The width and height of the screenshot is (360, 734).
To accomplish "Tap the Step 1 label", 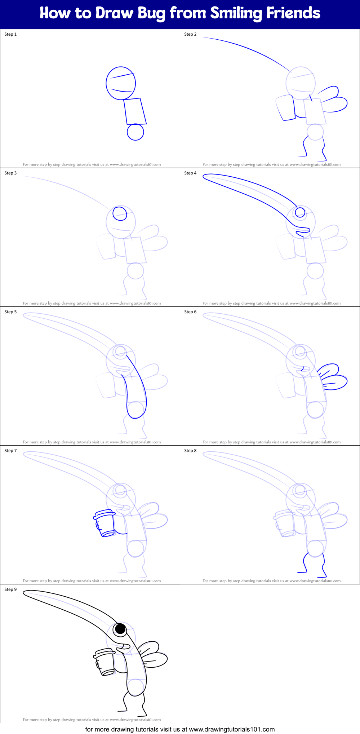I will pyautogui.click(x=10, y=34).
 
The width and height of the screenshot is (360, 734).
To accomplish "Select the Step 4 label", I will pyautogui.click(x=190, y=173).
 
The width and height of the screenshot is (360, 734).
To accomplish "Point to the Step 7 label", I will pyautogui.click(x=10, y=451).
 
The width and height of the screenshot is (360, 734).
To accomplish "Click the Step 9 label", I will pyautogui.click(x=10, y=589).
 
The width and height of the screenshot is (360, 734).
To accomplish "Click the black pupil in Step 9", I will pyautogui.click(x=120, y=629).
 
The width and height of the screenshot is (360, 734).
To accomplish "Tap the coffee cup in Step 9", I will pyautogui.click(x=105, y=662).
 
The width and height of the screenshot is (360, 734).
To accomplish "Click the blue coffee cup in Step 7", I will pyautogui.click(x=105, y=523).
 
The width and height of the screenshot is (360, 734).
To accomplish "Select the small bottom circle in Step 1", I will pyautogui.click(x=135, y=132).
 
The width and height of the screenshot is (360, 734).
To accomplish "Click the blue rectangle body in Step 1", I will pyautogui.click(x=135, y=111).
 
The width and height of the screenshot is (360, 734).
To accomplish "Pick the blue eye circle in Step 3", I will pyautogui.click(x=120, y=213).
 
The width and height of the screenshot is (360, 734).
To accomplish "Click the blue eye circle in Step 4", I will pyautogui.click(x=300, y=213).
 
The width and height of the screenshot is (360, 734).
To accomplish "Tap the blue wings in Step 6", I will pyautogui.click(x=333, y=378).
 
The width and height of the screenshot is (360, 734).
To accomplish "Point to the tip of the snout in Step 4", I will pyautogui.click(x=205, y=177).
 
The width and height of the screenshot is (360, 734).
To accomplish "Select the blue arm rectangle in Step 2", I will pyautogui.click(x=286, y=107).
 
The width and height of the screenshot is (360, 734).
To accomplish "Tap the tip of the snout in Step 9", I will pyautogui.click(x=26, y=593).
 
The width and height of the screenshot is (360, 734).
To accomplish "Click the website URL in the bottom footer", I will pyautogui.click(x=231, y=729).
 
